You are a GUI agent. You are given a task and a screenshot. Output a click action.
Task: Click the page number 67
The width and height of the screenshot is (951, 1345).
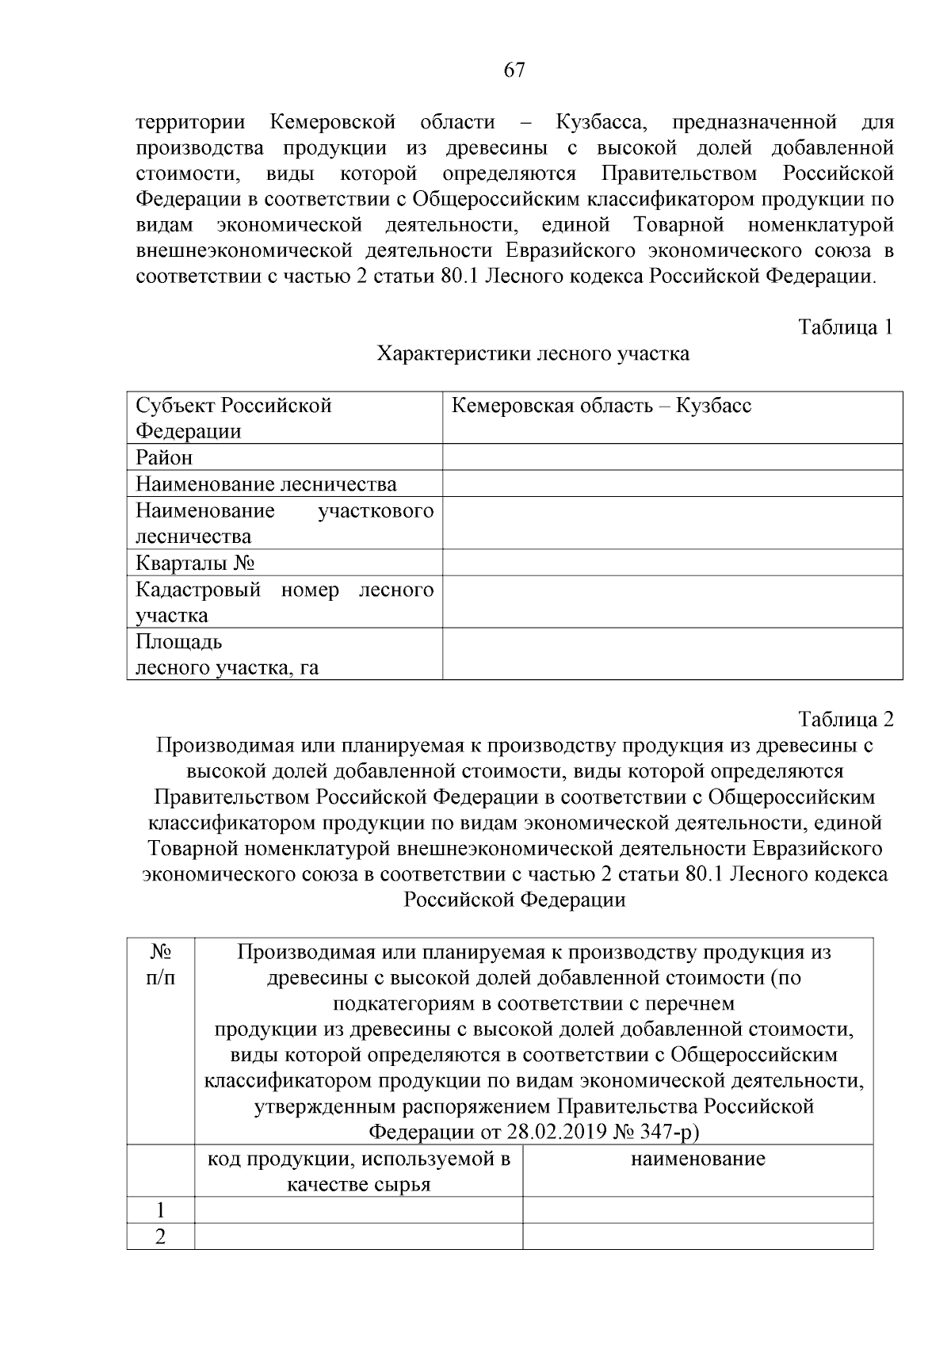514,71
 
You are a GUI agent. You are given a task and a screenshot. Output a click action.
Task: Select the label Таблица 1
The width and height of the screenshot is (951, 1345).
846,327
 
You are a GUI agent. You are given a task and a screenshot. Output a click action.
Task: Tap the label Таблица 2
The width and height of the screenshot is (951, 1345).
846,719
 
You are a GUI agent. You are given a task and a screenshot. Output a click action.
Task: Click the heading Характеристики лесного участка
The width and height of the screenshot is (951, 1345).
533,353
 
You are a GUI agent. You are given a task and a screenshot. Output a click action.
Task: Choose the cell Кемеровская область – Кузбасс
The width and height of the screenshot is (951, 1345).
601,407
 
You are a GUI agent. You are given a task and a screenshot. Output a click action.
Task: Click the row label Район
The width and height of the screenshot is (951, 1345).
164,458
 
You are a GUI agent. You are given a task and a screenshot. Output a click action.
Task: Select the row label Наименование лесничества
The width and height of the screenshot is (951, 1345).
266,484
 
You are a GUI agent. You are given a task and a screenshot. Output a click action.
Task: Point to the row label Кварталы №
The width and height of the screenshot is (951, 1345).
195,564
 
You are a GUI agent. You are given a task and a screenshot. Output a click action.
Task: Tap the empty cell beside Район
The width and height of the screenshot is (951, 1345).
672,457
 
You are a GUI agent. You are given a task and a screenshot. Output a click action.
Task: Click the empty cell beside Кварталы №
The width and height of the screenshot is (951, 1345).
672,563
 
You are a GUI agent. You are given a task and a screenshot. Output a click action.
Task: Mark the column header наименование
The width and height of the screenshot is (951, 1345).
697,1159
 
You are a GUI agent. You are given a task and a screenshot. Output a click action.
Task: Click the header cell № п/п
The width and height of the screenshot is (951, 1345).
161,964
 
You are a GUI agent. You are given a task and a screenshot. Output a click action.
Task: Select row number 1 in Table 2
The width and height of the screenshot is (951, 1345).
161,1210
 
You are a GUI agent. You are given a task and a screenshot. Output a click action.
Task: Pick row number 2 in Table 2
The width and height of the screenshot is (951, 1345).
161,1236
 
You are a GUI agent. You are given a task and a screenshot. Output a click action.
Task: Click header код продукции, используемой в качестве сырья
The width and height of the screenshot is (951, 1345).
358,1171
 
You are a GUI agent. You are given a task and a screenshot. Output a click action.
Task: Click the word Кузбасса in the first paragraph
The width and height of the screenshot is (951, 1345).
602,122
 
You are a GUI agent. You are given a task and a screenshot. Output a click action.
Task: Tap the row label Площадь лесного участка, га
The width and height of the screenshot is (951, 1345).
227,655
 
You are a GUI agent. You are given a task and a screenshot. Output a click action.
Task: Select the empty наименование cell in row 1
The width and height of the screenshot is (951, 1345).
697,1210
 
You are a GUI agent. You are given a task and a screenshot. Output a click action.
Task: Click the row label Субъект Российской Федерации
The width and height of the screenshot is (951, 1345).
233,418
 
